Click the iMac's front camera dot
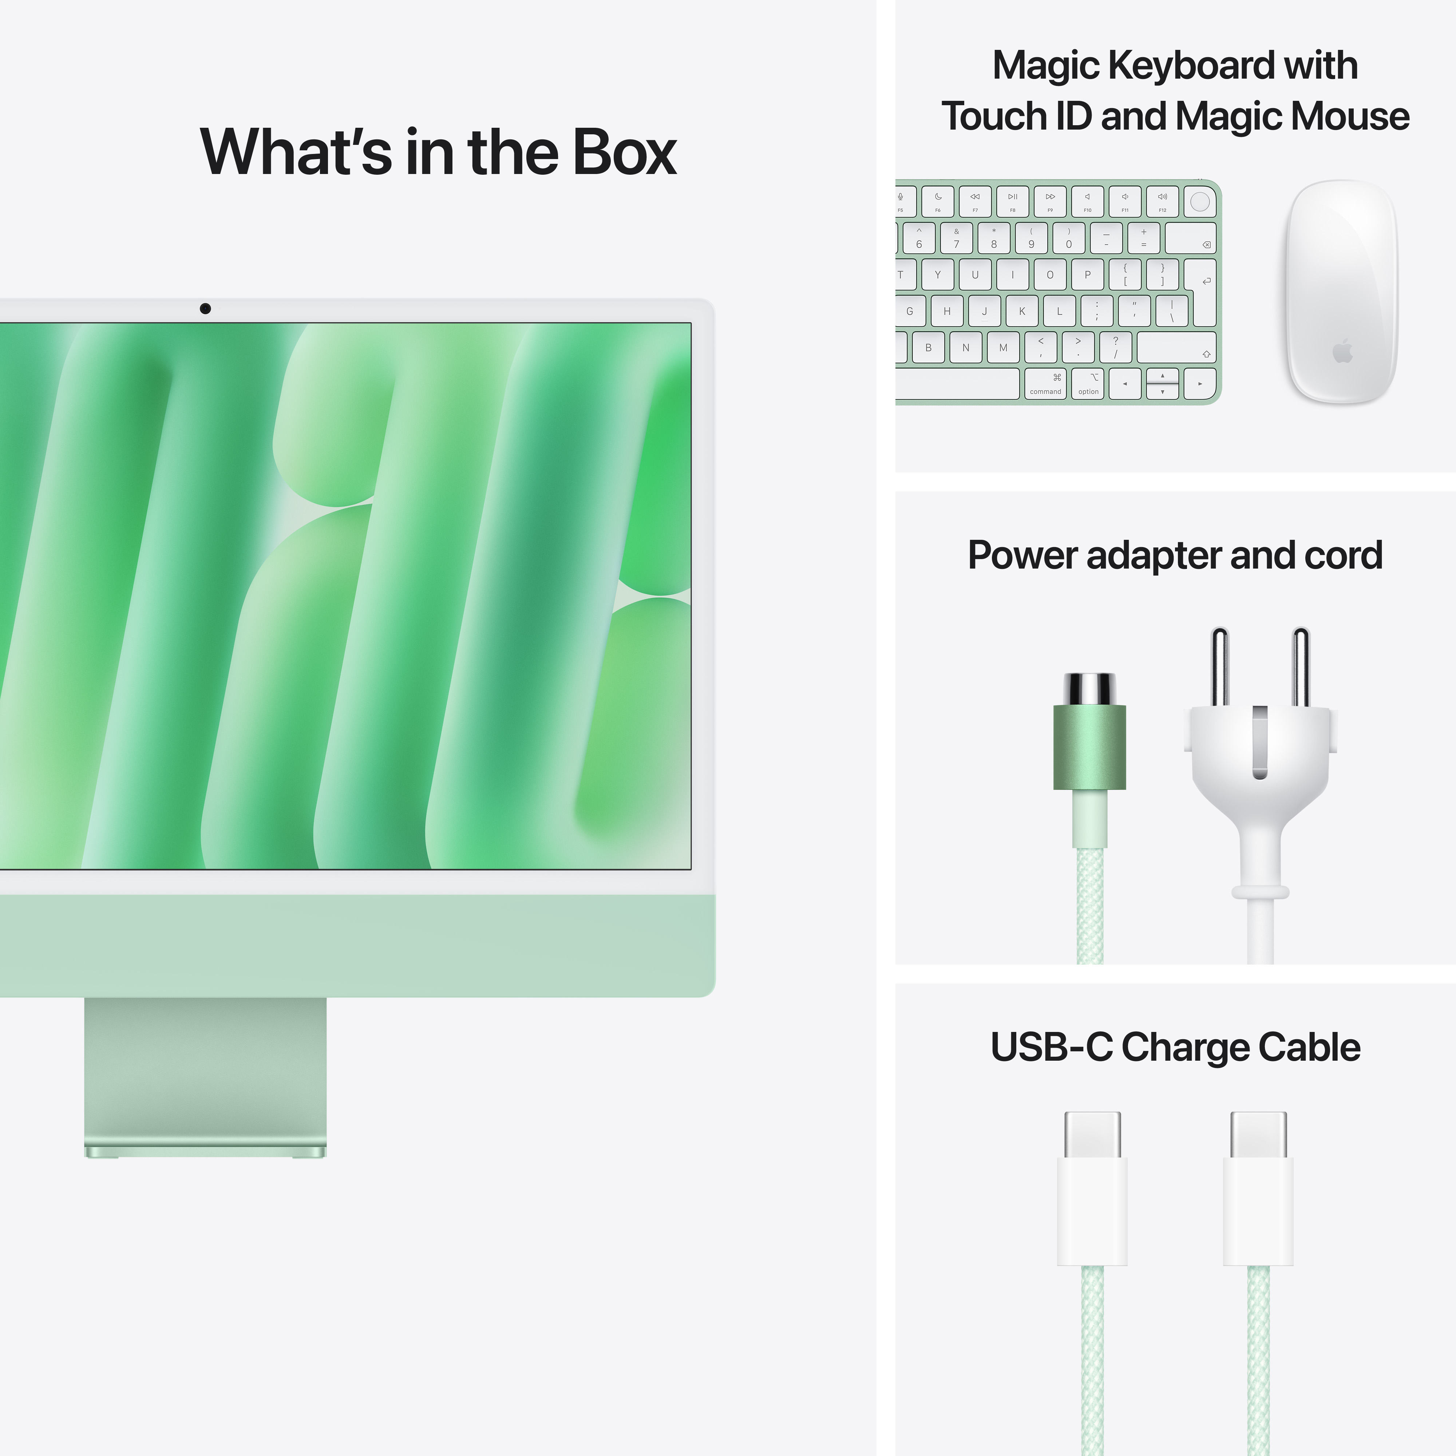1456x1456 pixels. point(205,308)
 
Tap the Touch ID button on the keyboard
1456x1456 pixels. point(1200,201)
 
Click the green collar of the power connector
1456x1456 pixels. point(1089,747)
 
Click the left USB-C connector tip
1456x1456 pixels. point(1092,1134)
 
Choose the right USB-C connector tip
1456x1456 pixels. point(1258,1134)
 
